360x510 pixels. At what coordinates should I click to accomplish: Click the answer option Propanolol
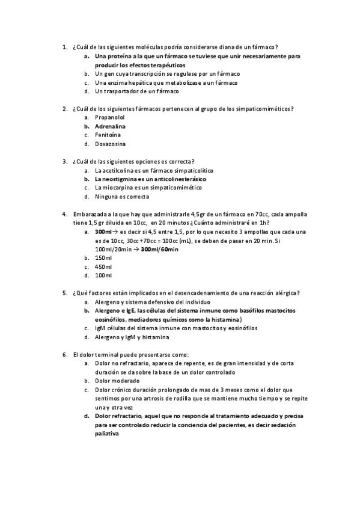(109, 118)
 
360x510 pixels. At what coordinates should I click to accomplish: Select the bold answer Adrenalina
(110, 127)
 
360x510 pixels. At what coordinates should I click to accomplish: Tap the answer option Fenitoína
(108, 135)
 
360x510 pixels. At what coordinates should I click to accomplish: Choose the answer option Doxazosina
(110, 144)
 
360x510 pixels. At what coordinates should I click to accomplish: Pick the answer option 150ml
(103, 258)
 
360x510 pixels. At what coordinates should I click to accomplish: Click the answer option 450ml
(103, 267)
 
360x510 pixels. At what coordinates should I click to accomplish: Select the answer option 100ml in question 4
(103, 275)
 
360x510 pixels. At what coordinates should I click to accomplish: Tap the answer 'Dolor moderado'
(117, 381)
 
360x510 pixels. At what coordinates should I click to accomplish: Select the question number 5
(64, 293)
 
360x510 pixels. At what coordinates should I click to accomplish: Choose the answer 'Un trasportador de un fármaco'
(136, 91)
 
